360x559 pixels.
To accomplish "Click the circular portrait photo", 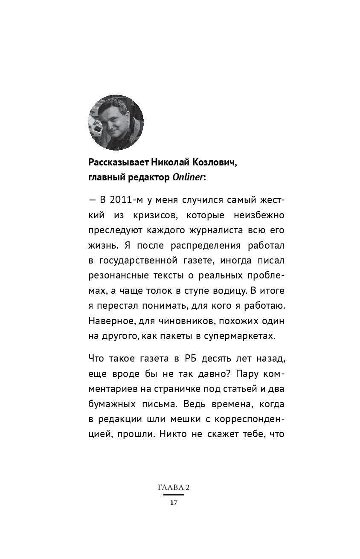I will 116,123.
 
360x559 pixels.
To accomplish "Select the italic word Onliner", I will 188,177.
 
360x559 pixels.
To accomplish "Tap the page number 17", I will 173,502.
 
